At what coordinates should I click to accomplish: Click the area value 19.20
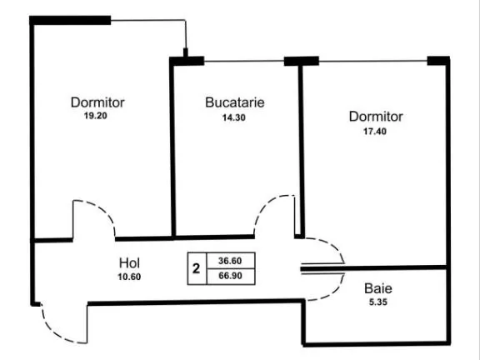click(96, 116)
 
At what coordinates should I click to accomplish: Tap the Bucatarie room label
click(235, 102)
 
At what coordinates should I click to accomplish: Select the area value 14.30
click(234, 117)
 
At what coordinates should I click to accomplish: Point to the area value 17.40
click(375, 132)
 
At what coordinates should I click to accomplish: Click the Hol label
click(129, 263)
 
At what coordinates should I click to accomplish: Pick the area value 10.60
click(129, 277)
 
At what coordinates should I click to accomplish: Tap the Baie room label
click(378, 288)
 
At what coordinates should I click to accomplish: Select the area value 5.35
click(378, 302)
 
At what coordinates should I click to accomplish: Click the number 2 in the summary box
click(196, 268)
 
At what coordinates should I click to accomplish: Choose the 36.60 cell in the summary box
click(230, 261)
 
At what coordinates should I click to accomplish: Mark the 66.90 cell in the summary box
click(230, 276)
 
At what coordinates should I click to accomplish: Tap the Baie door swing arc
click(333, 292)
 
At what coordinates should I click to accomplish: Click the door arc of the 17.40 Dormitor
click(333, 245)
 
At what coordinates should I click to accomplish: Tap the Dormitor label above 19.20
click(97, 102)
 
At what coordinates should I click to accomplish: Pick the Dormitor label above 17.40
click(376, 117)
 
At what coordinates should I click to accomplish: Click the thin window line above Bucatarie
click(244, 61)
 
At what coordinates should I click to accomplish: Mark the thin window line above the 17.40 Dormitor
click(373, 61)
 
